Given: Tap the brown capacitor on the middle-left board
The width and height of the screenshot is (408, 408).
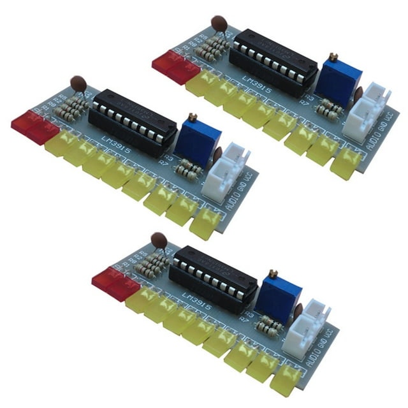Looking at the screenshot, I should pos(78,83).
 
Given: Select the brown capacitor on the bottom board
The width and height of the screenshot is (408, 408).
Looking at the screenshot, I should pos(159,240).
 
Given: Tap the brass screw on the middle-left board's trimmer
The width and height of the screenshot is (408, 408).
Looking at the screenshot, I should pos(192,117).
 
